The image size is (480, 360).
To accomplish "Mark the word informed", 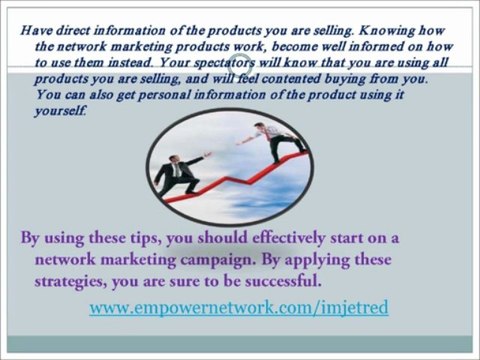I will click(379, 45).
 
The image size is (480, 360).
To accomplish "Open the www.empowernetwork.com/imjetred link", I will click(238, 308).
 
